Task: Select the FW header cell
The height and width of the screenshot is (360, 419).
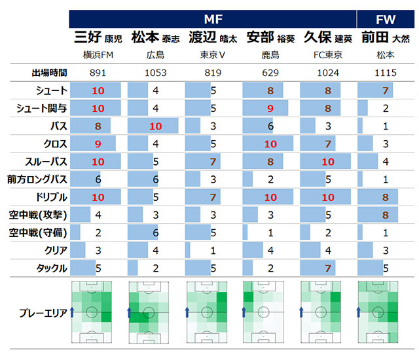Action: (x=386, y=19)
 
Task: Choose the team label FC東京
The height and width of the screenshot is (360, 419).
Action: (x=328, y=55)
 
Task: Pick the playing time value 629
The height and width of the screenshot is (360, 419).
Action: (x=270, y=73)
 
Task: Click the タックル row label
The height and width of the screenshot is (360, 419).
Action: (x=50, y=268)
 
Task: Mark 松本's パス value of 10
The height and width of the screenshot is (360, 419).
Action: (x=155, y=126)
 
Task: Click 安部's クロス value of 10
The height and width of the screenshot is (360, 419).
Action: (x=270, y=143)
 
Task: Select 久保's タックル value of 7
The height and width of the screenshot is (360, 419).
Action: (x=328, y=268)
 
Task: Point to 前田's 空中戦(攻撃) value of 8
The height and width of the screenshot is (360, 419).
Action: (x=386, y=215)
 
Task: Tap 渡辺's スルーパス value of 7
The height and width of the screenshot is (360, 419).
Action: (x=213, y=161)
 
